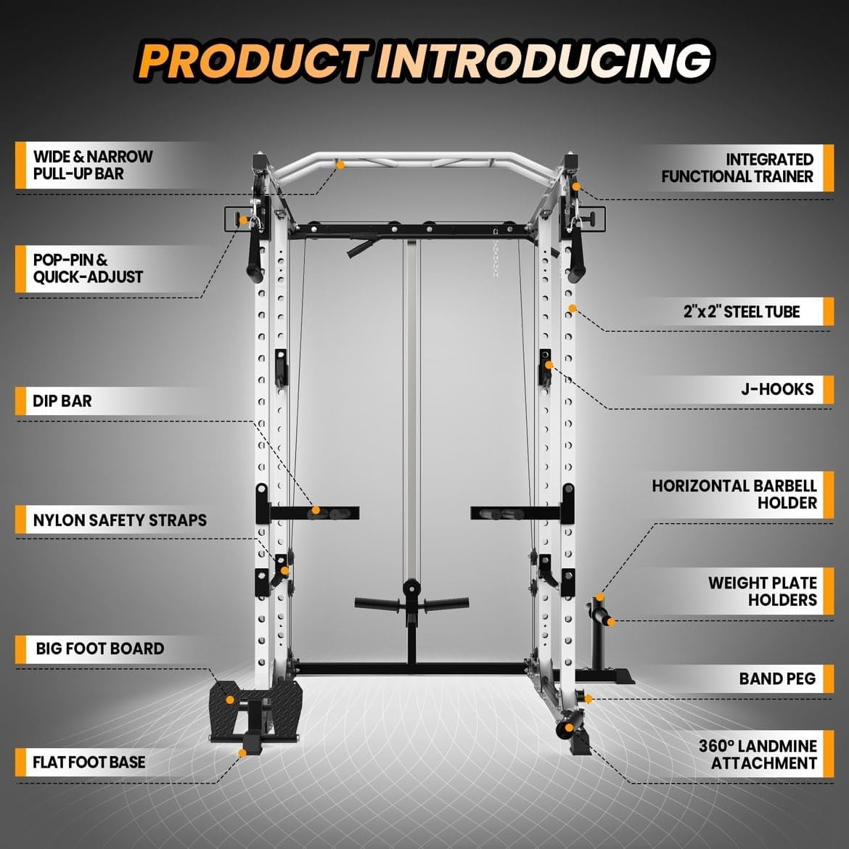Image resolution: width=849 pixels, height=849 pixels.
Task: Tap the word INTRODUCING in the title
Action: click(541, 61)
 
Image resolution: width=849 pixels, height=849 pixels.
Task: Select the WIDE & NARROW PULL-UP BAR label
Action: click(93, 165)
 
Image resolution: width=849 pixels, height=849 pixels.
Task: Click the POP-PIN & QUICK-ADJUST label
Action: click(88, 268)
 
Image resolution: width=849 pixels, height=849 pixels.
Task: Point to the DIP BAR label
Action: click(62, 401)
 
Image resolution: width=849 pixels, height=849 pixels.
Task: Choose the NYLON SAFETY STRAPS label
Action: click(120, 520)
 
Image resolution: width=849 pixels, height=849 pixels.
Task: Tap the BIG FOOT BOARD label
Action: click(100, 649)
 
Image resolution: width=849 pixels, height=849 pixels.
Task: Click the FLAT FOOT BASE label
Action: click(89, 763)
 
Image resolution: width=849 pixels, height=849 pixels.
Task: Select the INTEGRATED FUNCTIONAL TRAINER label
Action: click(737, 168)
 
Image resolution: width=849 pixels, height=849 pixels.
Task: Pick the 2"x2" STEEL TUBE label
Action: click(741, 312)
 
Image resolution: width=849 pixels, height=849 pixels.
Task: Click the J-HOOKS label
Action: click(777, 389)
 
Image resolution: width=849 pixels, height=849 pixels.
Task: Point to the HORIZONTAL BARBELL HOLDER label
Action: click(734, 494)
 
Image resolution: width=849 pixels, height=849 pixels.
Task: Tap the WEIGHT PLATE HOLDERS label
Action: click(763, 591)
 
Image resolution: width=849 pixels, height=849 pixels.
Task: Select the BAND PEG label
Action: click(777, 679)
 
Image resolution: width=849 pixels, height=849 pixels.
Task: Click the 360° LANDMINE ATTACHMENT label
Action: click(758, 755)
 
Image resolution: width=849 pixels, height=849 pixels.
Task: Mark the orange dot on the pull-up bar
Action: click(340, 165)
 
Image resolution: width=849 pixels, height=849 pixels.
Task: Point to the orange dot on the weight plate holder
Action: click(611, 621)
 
